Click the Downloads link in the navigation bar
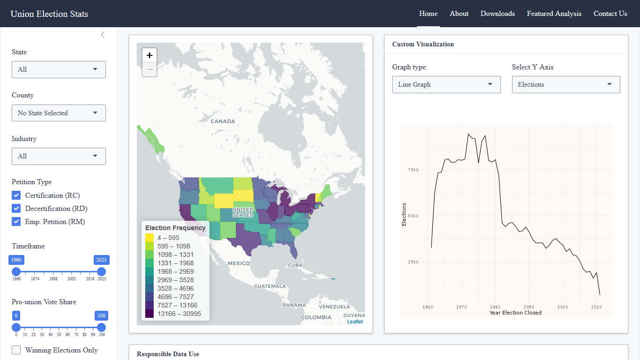point(498,14)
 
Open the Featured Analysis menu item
point(554,14)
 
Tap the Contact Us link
point(610,14)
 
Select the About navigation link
point(459,14)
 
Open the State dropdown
point(59,69)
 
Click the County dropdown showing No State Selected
point(59,113)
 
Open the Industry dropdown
point(59,156)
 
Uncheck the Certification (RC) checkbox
point(16,195)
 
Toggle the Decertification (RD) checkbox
point(16,209)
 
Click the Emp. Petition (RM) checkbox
point(16,222)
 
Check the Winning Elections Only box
point(16,350)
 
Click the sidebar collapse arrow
point(103,35)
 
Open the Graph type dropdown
point(446,84)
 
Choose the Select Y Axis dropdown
point(566,84)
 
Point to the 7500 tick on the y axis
point(413,170)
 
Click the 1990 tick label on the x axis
point(529,307)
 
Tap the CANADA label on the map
point(223,121)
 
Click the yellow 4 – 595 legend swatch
point(149,238)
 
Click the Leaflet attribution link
point(355,322)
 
